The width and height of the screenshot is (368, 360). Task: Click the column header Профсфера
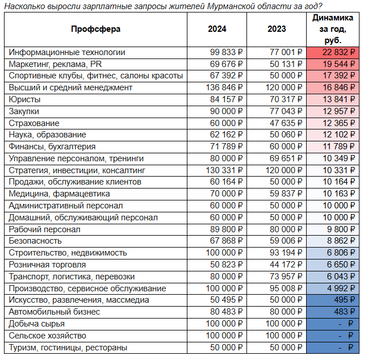[x=95, y=29]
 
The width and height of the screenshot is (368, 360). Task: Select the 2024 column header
[x=217, y=29]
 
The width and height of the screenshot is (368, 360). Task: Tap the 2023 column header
[x=277, y=29]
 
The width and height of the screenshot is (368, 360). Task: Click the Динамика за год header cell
[x=333, y=29]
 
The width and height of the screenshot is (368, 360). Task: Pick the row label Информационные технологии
[x=67, y=52]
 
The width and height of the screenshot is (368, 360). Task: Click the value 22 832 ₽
[x=338, y=52]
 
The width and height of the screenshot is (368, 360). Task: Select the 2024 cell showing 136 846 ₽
[x=224, y=87]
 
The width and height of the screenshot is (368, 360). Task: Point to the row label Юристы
[x=24, y=99]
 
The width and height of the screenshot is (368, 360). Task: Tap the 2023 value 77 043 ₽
[x=286, y=111]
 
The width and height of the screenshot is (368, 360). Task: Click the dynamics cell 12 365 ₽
[x=338, y=123]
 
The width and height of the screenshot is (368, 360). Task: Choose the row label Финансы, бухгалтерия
[x=52, y=146]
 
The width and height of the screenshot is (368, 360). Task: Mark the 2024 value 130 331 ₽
[x=224, y=170]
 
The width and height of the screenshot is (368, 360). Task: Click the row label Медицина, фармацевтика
[x=59, y=194]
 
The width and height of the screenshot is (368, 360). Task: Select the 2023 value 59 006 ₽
[x=286, y=241]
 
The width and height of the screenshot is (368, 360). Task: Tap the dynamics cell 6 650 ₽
[x=341, y=265]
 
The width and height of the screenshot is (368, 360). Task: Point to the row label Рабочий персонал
[x=45, y=229]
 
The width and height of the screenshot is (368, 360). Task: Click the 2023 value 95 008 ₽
[x=286, y=288]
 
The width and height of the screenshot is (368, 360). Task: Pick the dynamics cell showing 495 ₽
[x=344, y=300]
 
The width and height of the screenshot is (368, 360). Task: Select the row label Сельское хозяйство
[x=47, y=336]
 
